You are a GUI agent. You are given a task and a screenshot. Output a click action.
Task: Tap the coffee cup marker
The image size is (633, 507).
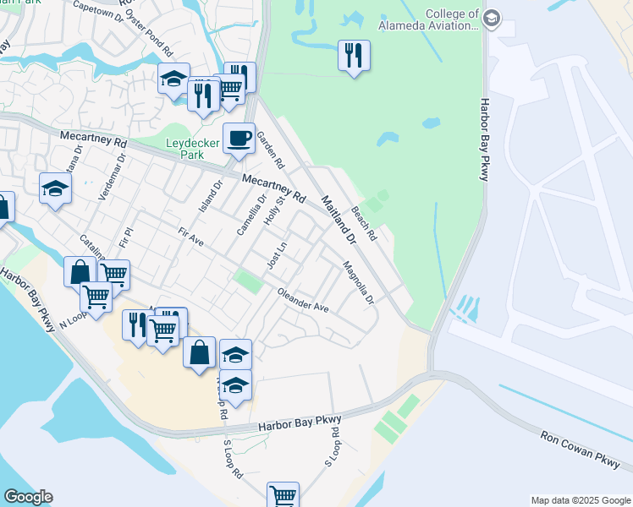click(x=239, y=139)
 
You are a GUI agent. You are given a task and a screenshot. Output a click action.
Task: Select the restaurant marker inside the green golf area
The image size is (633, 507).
click(x=354, y=56)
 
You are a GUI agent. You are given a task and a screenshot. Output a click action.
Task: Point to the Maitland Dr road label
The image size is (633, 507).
click(x=338, y=221)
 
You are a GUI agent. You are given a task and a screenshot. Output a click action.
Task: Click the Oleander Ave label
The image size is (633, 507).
click(x=303, y=301)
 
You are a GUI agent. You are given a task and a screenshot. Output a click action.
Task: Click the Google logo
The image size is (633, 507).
click(x=28, y=497)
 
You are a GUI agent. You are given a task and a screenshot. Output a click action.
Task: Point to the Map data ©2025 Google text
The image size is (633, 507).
click(x=580, y=500)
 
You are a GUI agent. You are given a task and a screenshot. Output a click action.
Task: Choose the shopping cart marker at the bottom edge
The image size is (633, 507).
click(x=282, y=495)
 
